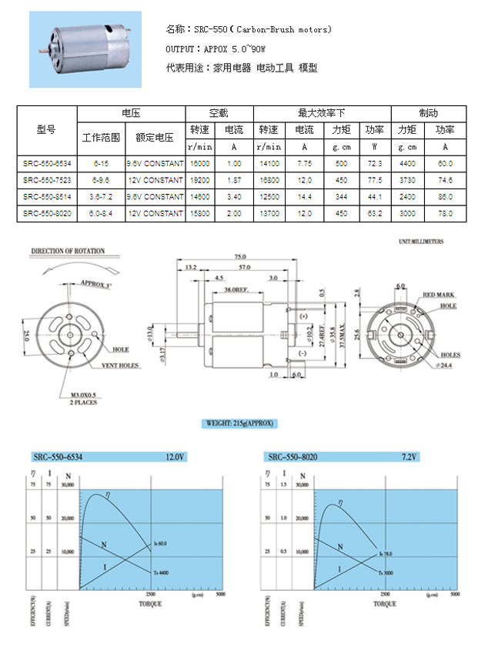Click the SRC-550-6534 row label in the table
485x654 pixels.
coord(47,164)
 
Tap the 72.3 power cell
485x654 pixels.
coord(375,164)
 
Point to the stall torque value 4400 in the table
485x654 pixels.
coord(407,164)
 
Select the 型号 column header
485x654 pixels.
coord(47,129)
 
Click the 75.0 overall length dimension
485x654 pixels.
coord(240,256)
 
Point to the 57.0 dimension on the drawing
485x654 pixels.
coord(246,267)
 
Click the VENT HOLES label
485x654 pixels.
coord(119,365)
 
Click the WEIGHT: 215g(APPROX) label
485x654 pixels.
coord(240,424)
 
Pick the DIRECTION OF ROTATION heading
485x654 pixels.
coord(68,251)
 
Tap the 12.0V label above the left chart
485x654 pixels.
coord(176,457)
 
